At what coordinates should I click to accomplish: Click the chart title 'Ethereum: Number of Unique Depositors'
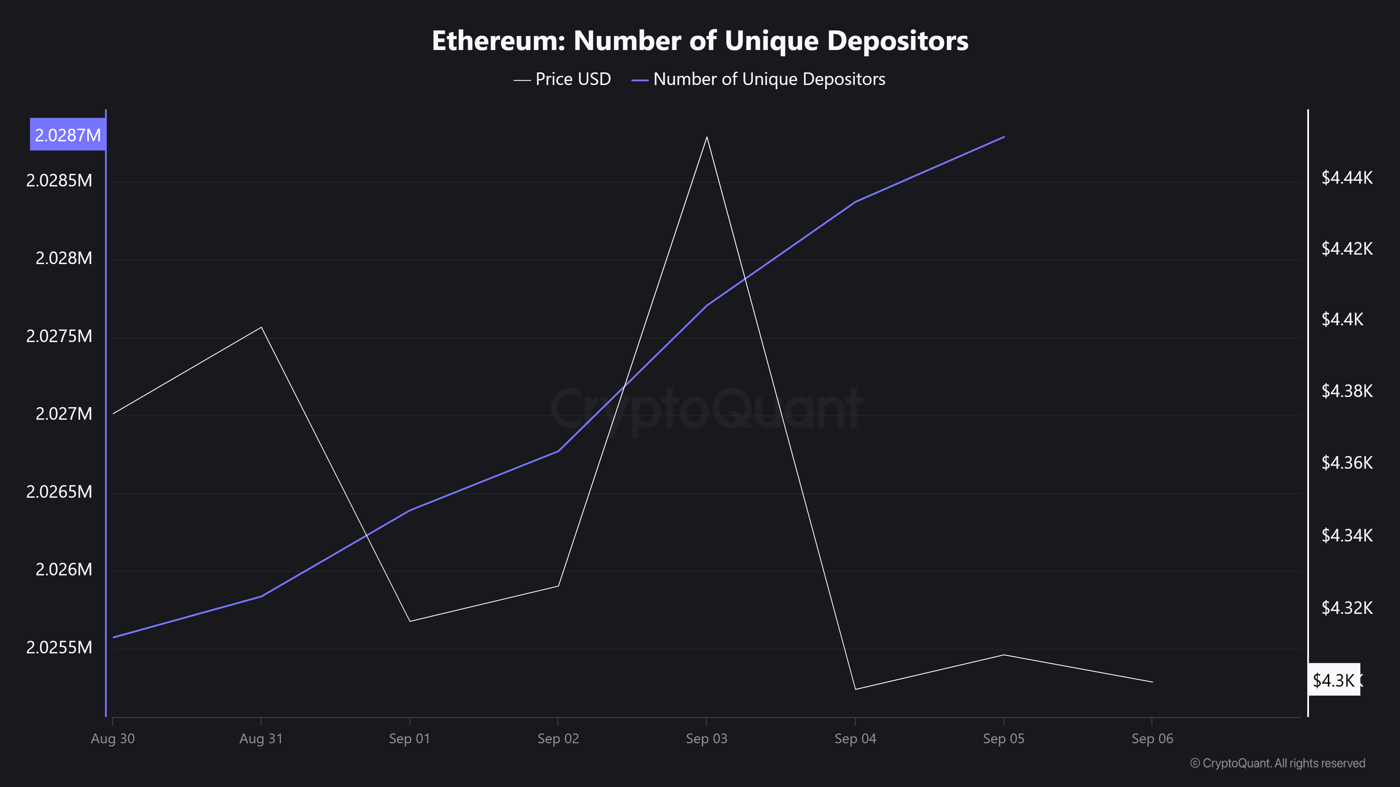[x=700, y=41]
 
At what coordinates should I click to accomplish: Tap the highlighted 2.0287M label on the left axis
[x=68, y=135]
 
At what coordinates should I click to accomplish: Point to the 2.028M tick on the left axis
[x=64, y=258]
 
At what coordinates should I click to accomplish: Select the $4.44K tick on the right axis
[x=1347, y=178]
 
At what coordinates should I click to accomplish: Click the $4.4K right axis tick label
[x=1342, y=319]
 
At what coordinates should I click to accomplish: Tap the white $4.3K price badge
[x=1334, y=680]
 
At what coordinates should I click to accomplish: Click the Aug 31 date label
[x=261, y=739]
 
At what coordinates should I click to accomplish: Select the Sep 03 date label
[x=707, y=739]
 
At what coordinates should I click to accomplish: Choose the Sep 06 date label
[x=1152, y=739]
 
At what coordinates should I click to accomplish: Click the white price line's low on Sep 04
[x=855, y=689]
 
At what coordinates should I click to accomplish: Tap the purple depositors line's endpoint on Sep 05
[x=1004, y=137]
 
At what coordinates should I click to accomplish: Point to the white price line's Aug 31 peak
[x=261, y=327]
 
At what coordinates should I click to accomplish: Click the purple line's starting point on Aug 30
[x=113, y=637]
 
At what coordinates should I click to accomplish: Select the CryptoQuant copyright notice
[x=1277, y=763]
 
